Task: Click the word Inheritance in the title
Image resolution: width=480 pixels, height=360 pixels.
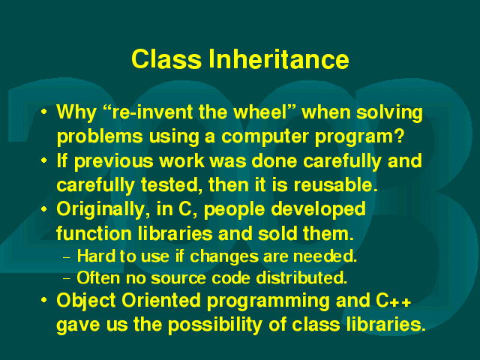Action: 279,59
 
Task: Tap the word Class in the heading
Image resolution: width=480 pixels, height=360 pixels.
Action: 166,59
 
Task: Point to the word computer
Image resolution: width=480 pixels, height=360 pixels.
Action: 265,136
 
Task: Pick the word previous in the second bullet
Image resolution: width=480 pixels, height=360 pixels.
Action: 113,161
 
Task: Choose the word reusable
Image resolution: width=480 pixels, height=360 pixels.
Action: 336,184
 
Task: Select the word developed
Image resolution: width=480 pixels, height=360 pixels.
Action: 318,210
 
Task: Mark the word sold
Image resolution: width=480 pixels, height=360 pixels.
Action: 277,233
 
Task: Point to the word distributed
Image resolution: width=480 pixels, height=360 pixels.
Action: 301,277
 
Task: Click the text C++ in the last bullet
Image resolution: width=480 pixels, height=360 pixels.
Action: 394,301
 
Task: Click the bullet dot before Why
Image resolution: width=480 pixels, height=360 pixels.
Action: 44,112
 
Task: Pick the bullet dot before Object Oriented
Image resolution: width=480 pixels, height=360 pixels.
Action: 44,300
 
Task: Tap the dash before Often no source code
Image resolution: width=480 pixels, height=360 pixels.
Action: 67,279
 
